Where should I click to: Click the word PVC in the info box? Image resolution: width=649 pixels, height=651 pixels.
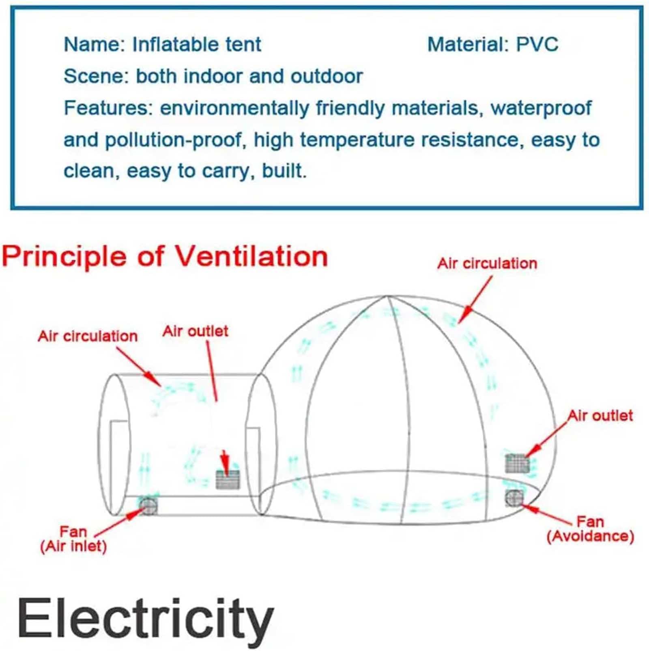[537, 44]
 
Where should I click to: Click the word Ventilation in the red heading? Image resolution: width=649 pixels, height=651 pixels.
[251, 257]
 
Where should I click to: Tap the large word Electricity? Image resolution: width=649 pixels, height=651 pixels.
[145, 619]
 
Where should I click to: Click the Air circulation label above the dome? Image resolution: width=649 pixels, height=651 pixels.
[487, 264]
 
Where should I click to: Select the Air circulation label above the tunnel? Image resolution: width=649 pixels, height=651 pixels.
[88, 336]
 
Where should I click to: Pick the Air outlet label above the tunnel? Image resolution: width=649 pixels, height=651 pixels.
[195, 331]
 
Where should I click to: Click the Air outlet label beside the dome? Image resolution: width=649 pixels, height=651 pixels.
[600, 416]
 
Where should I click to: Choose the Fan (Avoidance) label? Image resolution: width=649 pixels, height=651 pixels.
[590, 529]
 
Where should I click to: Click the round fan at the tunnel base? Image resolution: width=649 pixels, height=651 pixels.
[148, 505]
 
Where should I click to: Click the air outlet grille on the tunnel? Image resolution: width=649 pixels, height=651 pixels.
[228, 479]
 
